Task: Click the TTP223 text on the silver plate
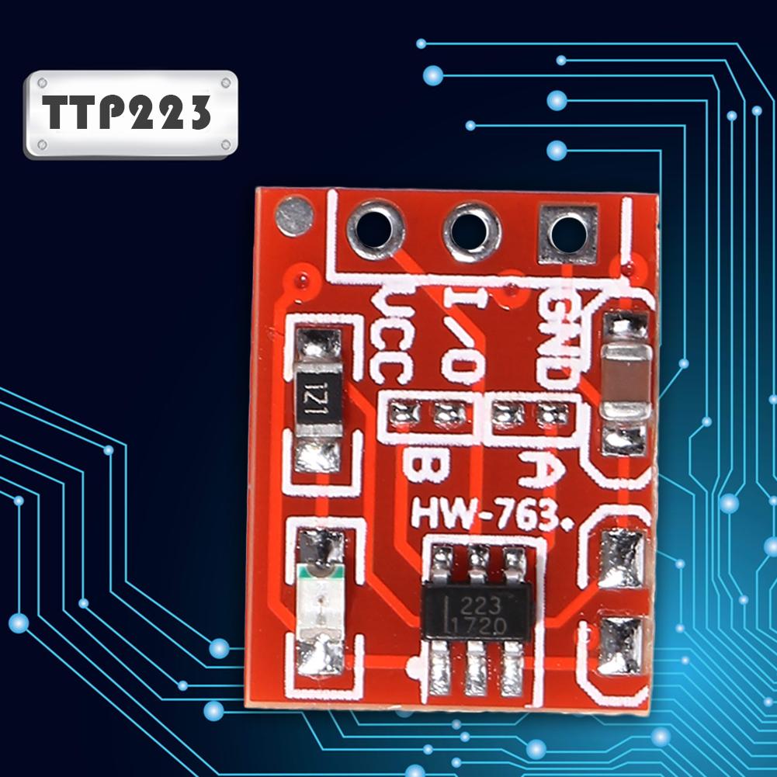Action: [x=127, y=112]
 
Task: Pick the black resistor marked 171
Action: [x=317, y=399]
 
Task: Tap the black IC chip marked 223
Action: [x=477, y=612]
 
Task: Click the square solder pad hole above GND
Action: [x=567, y=234]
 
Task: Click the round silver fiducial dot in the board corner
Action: [x=295, y=216]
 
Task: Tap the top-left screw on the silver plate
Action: [x=42, y=82]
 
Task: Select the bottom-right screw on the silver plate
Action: [x=225, y=144]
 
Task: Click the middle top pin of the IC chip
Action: [x=477, y=563]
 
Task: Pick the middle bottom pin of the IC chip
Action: [x=476, y=667]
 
